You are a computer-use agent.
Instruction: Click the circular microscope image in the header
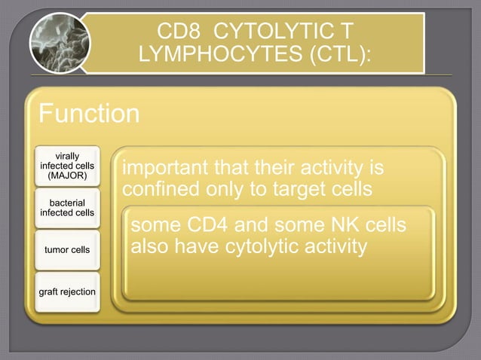60,43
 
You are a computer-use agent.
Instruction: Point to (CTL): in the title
338,56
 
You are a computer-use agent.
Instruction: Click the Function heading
89,114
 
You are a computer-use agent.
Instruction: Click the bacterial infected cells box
67,208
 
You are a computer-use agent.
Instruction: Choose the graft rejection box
67,291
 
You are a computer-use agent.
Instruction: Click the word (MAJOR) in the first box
67,176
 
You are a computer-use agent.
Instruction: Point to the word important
166,165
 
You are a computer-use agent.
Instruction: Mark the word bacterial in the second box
67,203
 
